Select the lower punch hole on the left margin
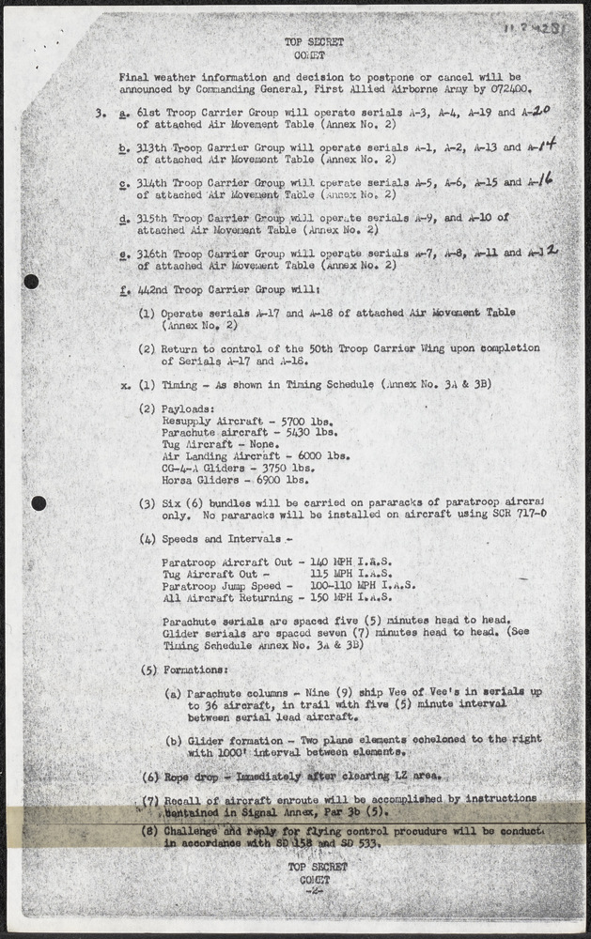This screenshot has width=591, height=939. (39, 503)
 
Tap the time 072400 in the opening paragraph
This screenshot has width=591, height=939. (505, 88)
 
